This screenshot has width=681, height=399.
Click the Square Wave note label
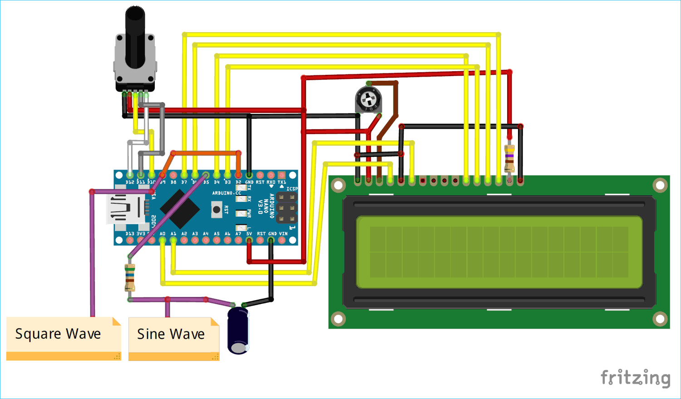[x=58, y=334]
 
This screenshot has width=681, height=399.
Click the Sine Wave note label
[x=171, y=335]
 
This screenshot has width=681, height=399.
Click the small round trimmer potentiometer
[x=368, y=99]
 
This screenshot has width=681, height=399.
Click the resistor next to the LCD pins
[x=509, y=159]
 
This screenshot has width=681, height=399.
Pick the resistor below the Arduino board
[x=130, y=277]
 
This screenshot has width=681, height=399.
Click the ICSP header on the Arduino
[x=287, y=208]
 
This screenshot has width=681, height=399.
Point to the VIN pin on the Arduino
[x=282, y=240]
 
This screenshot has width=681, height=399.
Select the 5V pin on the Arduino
[x=249, y=240]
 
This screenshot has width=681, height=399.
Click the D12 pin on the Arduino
[x=130, y=175]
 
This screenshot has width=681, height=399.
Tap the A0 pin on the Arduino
[x=162, y=240]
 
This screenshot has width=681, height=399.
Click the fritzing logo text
[x=635, y=378]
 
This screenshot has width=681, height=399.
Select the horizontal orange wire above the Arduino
[x=206, y=153]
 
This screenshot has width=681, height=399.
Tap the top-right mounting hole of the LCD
[x=660, y=185]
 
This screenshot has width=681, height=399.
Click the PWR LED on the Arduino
[x=240, y=213]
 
